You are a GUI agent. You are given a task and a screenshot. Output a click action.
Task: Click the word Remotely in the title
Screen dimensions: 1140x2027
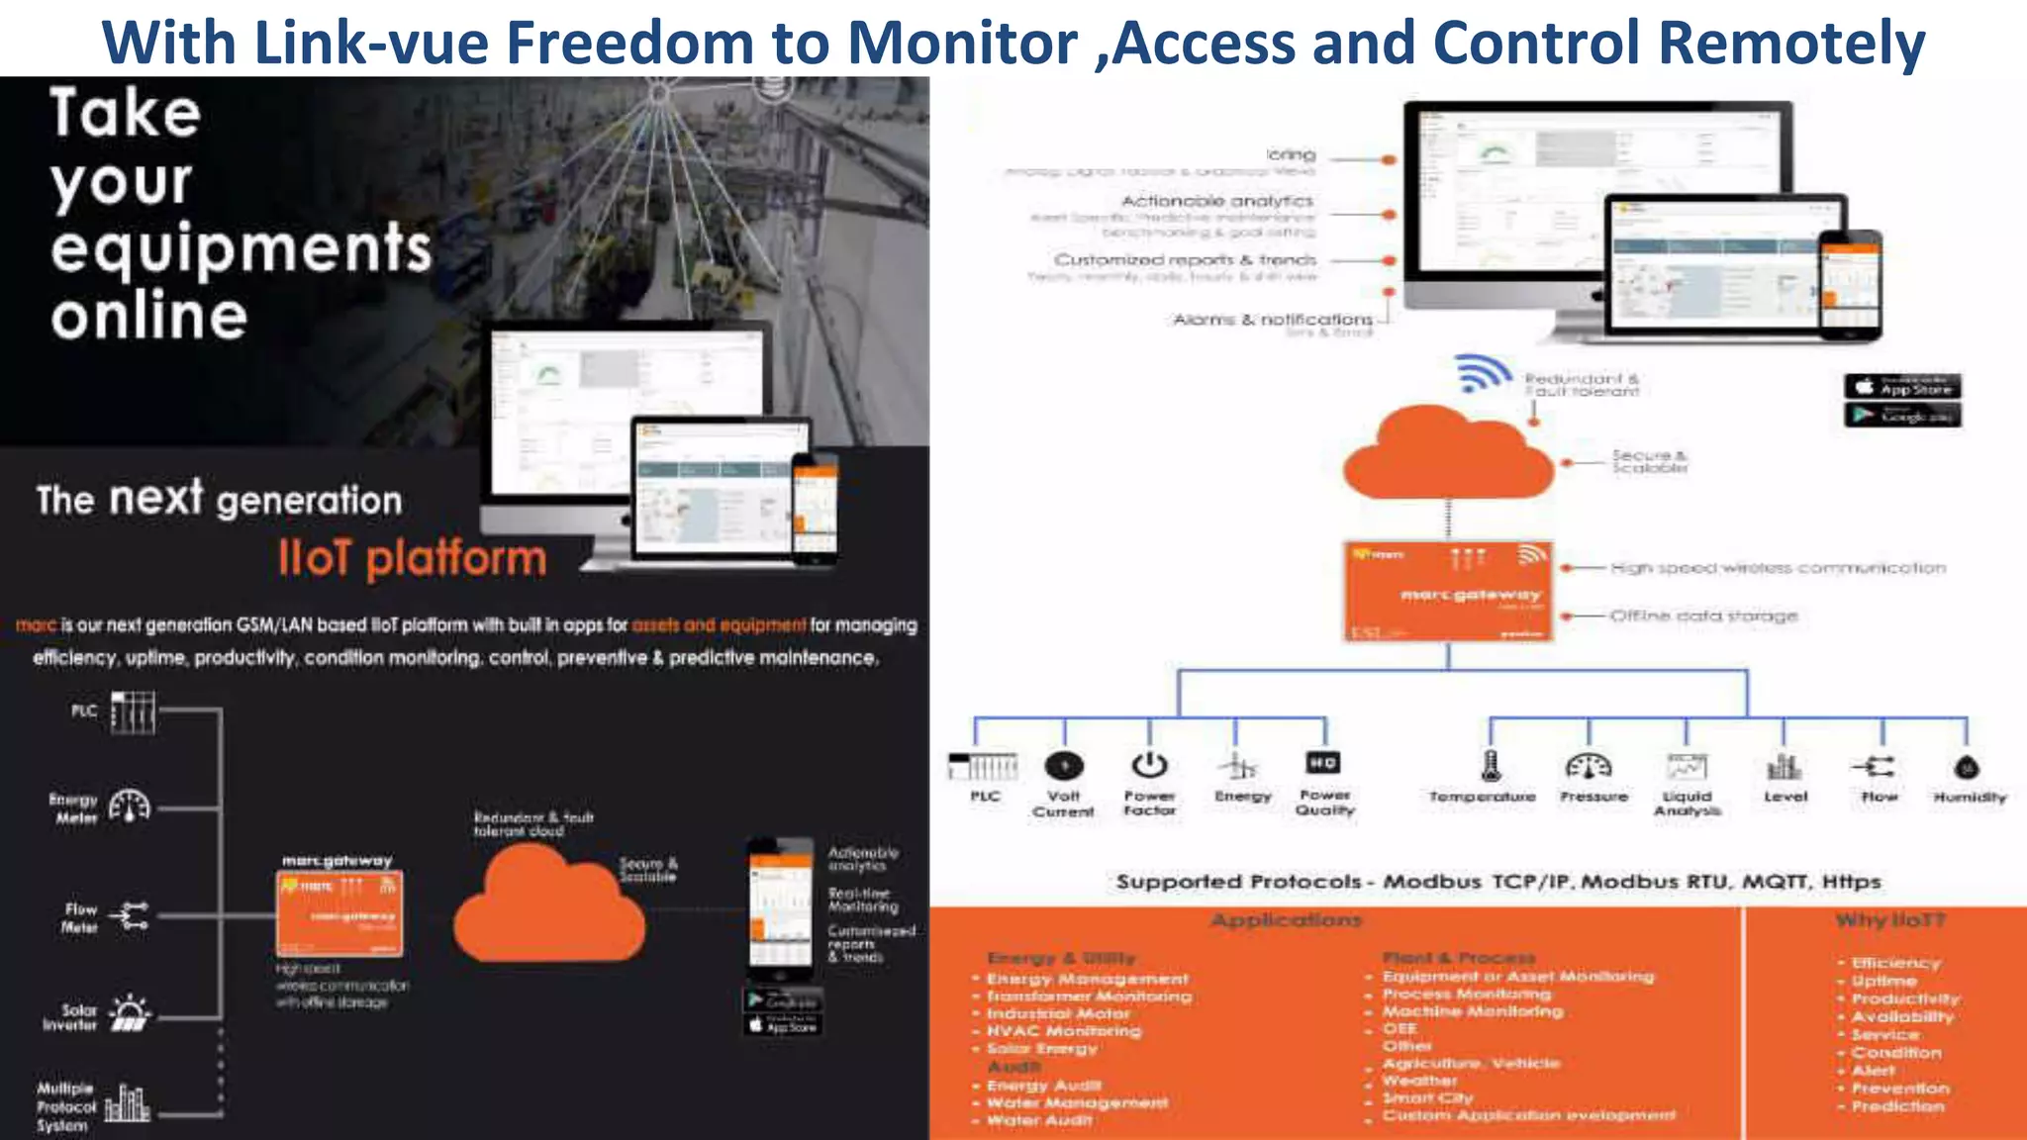coord(1790,44)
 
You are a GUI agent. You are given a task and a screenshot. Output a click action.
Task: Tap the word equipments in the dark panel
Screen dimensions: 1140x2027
coord(241,248)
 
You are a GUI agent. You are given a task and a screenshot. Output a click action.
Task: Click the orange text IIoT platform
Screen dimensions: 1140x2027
coord(412,558)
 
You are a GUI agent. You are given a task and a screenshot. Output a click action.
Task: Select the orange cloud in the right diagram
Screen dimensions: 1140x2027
coord(1447,457)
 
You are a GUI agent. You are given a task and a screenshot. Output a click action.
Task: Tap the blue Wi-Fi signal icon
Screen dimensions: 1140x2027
coord(1482,374)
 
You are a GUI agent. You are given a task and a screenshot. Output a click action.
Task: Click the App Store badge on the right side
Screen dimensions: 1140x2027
coord(1901,387)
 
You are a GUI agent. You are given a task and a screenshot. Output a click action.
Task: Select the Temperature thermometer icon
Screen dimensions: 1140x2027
coord(1491,765)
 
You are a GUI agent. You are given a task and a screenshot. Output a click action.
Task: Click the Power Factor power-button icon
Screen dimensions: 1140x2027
coord(1149,765)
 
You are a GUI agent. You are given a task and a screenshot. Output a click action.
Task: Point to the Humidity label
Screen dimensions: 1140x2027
coord(1969,797)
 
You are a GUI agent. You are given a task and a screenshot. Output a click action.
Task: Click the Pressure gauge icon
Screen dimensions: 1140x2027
coord(1589,766)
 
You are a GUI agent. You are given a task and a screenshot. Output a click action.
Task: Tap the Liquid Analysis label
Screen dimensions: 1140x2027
coord(1687,803)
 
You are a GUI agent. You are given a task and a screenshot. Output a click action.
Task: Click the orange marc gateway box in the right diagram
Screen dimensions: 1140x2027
coord(1447,591)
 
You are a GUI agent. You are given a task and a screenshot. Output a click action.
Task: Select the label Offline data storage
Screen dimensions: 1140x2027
coord(1702,616)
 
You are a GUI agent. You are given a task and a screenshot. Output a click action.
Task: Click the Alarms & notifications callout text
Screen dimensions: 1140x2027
coord(1273,320)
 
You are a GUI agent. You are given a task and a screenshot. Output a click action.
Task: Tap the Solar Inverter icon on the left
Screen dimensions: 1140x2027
coord(130,1013)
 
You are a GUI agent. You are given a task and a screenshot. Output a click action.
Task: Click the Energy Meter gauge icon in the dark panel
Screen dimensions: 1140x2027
coord(130,807)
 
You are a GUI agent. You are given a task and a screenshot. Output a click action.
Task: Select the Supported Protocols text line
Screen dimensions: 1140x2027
coord(1497,882)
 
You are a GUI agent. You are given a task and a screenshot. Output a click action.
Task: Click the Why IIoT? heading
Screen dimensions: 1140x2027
coord(1889,920)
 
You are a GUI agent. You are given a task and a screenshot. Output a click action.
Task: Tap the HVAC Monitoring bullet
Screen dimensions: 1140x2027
coord(1063,1030)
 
